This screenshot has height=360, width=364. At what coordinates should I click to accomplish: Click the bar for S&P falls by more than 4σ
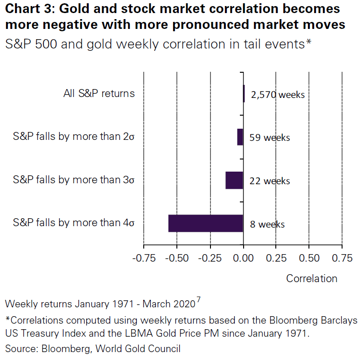[206, 223]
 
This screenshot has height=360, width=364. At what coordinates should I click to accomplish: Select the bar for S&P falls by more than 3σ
[234, 180]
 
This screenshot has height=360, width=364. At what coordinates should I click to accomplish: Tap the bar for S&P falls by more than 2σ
[240, 137]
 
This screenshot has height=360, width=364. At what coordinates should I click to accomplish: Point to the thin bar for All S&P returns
[244, 94]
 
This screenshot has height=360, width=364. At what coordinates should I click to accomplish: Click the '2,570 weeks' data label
[278, 95]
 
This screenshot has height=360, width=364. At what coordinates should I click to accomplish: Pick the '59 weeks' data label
[270, 138]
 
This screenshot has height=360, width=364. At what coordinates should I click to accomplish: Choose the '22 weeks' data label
[270, 181]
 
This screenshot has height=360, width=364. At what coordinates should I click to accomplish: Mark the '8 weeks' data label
[267, 224]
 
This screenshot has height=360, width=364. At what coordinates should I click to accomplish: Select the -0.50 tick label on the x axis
[176, 258]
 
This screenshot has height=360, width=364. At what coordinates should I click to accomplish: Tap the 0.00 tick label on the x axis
[243, 258]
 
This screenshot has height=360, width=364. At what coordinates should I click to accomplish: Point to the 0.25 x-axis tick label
[276, 258]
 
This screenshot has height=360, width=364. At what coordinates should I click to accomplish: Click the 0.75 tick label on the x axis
[342, 258]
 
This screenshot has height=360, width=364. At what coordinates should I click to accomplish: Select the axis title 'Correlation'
[312, 278]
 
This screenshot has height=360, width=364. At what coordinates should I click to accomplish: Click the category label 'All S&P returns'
[99, 93]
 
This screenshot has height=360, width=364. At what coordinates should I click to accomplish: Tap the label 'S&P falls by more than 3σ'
[74, 180]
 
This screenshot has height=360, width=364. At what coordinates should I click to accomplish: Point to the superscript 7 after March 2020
[198, 300]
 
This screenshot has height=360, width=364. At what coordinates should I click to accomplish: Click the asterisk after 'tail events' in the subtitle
[308, 42]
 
